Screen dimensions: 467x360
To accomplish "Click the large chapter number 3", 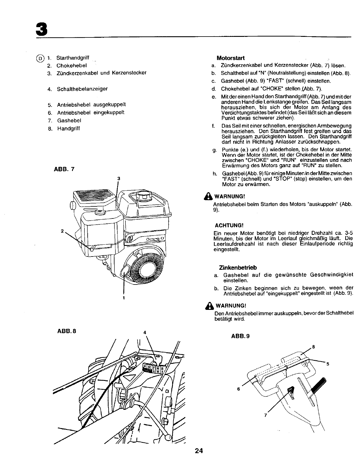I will (41, 29).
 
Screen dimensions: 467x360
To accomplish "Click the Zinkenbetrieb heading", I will (238, 268).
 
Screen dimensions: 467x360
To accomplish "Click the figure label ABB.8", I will (67, 331).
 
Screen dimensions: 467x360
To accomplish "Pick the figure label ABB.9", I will (240, 336).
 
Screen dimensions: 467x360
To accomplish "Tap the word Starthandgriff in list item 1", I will (73, 58).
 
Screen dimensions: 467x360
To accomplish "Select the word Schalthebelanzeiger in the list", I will (82, 89).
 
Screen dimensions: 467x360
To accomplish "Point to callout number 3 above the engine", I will (118, 179).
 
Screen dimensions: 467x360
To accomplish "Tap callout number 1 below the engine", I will (124, 298).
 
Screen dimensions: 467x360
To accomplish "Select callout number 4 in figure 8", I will (145, 332).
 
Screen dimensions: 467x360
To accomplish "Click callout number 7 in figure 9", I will (266, 415).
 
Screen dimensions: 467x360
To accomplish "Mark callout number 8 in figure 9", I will (313, 347).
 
